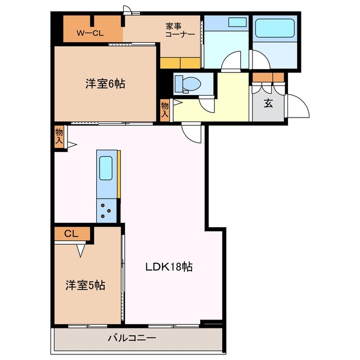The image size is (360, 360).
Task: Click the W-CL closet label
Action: coord(90,33)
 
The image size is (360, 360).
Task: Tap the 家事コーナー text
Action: coord(180,30)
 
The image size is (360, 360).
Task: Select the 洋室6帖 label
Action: coord(105,84)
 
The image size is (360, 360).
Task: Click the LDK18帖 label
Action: coord(169,267)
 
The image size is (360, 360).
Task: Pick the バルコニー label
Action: coord(132,338)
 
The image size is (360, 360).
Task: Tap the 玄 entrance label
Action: coord(269,103)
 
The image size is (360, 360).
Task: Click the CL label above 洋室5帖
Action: coord(70,232)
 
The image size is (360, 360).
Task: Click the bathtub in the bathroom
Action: coord(274,28)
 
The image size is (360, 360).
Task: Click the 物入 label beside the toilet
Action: coord(165,108)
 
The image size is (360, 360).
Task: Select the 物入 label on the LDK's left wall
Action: coord(59,137)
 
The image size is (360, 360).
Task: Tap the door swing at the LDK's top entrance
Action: coord(192,134)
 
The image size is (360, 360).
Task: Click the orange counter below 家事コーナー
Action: coord(180,62)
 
